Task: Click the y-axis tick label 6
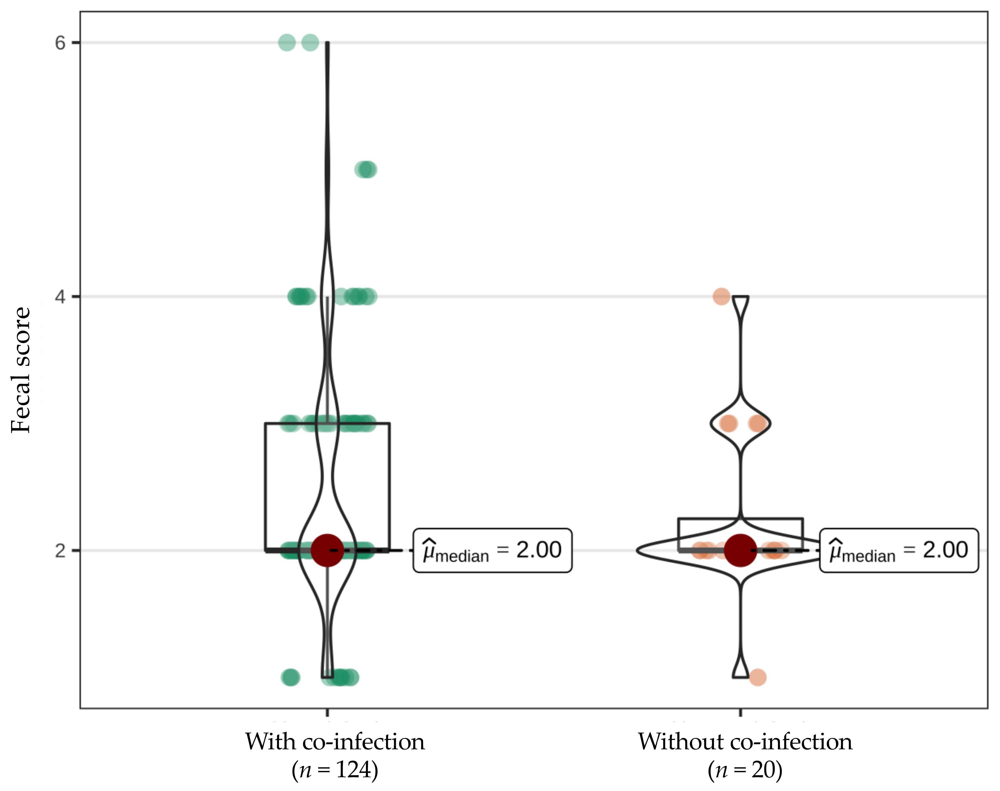click(60, 43)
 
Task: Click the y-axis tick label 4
click(60, 296)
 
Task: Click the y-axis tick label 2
click(60, 550)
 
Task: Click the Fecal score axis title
click(21, 370)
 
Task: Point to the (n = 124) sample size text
click(335, 770)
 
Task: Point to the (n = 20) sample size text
click(745, 770)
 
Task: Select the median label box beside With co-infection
click(492, 550)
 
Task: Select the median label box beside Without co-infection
click(899, 550)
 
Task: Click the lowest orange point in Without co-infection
click(757, 678)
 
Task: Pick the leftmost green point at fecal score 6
click(287, 43)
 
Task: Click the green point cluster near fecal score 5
click(366, 170)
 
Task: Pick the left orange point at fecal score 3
click(728, 423)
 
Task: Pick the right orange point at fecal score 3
click(757, 423)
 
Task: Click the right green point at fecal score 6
click(310, 43)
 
